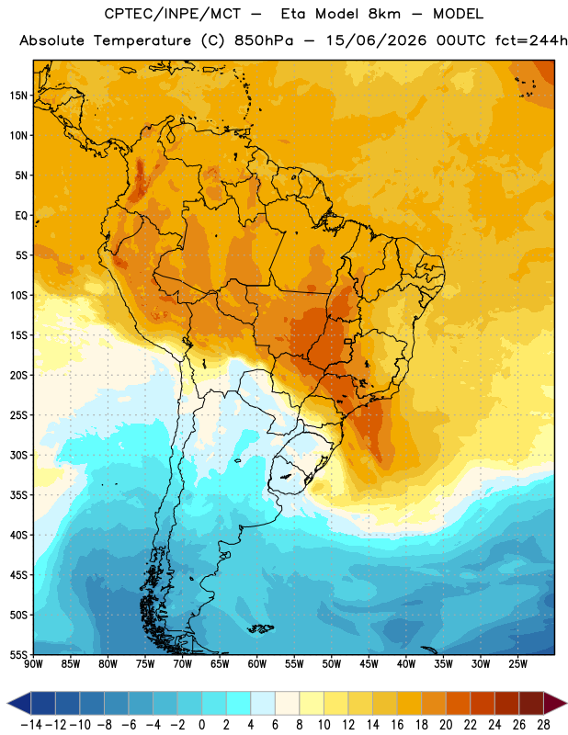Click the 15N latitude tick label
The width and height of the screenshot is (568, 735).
18,96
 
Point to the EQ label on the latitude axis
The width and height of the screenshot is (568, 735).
21,216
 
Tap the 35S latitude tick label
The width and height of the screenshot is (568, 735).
18,495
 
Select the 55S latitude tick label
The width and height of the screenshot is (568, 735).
18,654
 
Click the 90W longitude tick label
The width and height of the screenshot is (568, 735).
33,664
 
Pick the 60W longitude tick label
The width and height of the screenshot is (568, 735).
257,664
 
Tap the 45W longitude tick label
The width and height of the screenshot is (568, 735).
369,664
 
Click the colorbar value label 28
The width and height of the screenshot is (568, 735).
543,725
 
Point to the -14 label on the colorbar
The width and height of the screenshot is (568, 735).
31,725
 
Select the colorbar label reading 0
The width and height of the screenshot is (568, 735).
201,725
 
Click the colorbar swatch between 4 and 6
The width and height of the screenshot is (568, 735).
263,703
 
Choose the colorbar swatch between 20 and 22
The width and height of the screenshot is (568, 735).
458,703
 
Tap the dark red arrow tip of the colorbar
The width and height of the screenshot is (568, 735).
555,703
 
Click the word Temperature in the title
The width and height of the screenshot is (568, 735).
142,40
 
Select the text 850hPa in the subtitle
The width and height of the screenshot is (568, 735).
264,40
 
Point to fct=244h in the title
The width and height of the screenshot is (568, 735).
531,40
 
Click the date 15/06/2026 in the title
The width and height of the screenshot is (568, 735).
376,40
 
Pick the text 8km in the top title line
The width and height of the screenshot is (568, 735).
384,14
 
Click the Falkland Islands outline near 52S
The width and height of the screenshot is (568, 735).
261,628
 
